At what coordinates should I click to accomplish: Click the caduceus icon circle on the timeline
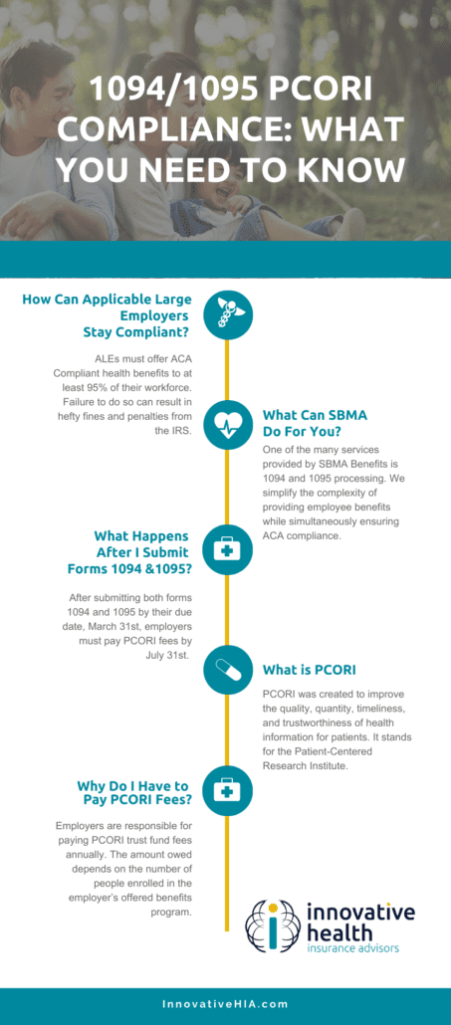coord(226,315)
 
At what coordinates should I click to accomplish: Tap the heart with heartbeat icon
coord(226,426)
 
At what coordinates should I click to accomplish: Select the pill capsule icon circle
coord(226,670)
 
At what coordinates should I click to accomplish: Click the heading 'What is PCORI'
coord(309,670)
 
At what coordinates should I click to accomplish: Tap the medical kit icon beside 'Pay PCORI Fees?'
coord(226,792)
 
